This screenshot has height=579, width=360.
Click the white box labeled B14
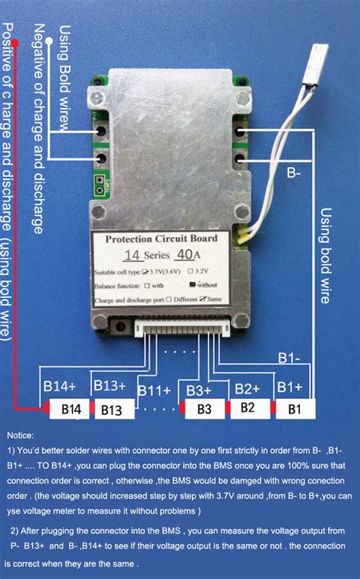(71, 410)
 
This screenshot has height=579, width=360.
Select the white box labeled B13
(112, 410)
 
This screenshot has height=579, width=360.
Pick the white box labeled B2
(248, 408)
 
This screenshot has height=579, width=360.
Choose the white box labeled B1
(294, 409)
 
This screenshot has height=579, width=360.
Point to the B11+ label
(154, 390)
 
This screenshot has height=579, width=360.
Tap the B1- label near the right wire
(289, 356)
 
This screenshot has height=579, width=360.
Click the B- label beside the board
(295, 174)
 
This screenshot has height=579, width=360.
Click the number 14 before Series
(131, 256)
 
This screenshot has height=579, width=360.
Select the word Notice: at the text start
(21, 435)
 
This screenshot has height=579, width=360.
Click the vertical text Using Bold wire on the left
(63, 76)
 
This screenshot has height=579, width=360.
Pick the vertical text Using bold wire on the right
(325, 255)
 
